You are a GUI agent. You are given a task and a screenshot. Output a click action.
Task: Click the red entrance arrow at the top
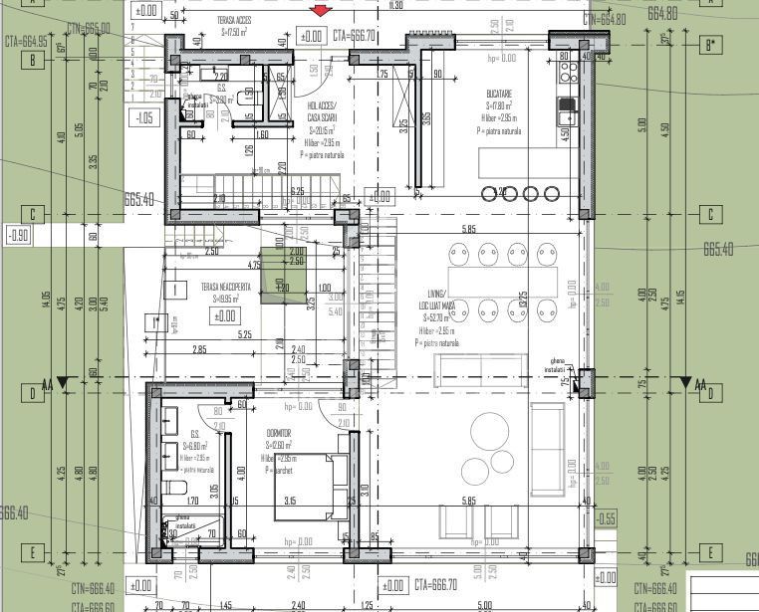[x=320, y=11]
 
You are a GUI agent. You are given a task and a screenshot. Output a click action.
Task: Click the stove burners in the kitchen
[x=568, y=73]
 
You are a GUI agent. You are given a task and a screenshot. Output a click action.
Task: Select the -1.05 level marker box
[x=146, y=117]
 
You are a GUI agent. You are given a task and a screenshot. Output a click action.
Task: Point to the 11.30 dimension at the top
[x=396, y=6]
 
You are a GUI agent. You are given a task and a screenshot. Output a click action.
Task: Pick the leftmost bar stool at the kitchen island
[x=489, y=193]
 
